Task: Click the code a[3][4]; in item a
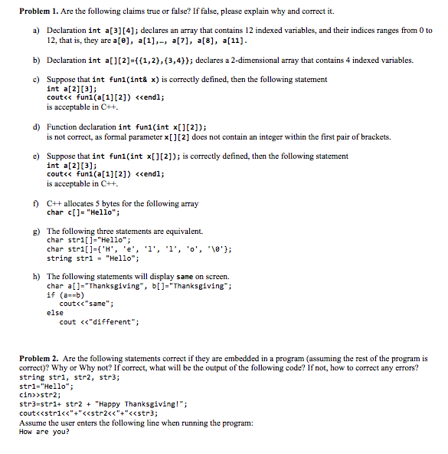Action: [133, 31]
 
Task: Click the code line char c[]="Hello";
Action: [83, 212]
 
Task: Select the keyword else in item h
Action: [55, 313]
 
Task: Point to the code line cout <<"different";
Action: [99, 322]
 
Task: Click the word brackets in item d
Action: [372, 137]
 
